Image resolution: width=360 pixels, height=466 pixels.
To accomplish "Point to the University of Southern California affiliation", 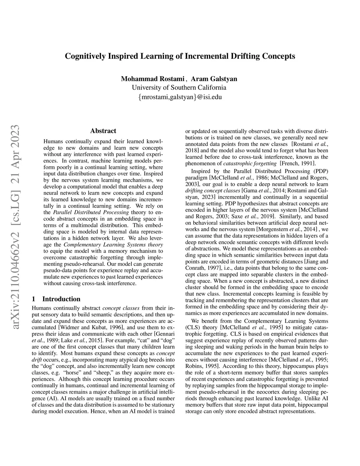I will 179,88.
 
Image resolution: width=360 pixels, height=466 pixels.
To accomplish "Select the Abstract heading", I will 103,131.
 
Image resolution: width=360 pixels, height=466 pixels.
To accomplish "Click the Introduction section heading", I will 61,299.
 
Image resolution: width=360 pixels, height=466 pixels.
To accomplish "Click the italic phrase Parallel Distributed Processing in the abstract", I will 91,212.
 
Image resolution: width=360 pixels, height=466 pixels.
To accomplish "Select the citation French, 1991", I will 298,163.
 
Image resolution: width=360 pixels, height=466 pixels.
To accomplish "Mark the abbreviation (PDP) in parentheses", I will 319,171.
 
